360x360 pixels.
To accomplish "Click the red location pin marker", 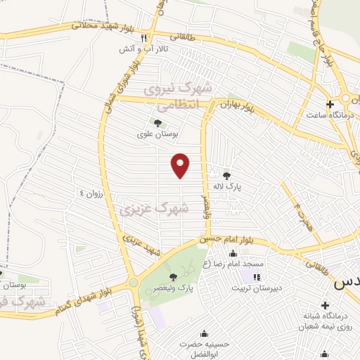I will [181, 165].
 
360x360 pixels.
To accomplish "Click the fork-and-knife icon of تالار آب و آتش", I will [144, 38].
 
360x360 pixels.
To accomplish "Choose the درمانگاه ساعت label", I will [328, 114].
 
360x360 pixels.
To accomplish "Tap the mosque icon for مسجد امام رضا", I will [233, 254].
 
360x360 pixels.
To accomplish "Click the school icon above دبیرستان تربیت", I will [257, 277].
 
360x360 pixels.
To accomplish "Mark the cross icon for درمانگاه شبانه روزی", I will [324, 306].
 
